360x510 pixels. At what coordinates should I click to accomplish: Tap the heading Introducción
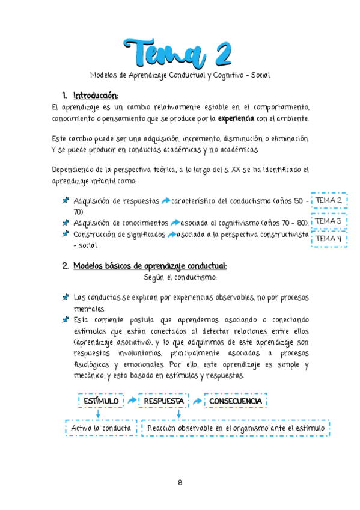pyautogui.click(x=96, y=95)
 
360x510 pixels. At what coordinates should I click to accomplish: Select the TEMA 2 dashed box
pyautogui.click(x=329, y=200)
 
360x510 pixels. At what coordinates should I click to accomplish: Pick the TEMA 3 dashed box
pyautogui.click(x=329, y=221)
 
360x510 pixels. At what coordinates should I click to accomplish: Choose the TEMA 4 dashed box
pyautogui.click(x=329, y=239)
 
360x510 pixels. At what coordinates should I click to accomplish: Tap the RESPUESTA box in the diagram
pyautogui.click(x=162, y=401)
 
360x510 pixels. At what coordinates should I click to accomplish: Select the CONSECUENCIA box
pyautogui.click(x=235, y=401)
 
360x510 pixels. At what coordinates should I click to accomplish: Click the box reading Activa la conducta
pyautogui.click(x=101, y=428)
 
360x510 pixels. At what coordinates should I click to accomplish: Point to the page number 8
pyautogui.click(x=180, y=482)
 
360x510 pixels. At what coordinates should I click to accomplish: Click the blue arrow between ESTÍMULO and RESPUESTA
pyautogui.click(x=131, y=401)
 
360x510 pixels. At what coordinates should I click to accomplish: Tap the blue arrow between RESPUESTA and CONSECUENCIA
pyautogui.click(x=197, y=401)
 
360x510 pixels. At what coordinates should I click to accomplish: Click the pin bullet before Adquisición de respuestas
pyautogui.click(x=65, y=201)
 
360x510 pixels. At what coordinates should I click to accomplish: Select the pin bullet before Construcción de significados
pyautogui.click(x=65, y=235)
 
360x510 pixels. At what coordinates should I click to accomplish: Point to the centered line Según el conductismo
pyautogui.click(x=180, y=278)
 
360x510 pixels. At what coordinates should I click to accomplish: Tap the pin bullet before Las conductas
pyautogui.click(x=65, y=298)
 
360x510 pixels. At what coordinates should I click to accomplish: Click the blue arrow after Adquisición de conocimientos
pyautogui.click(x=174, y=223)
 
